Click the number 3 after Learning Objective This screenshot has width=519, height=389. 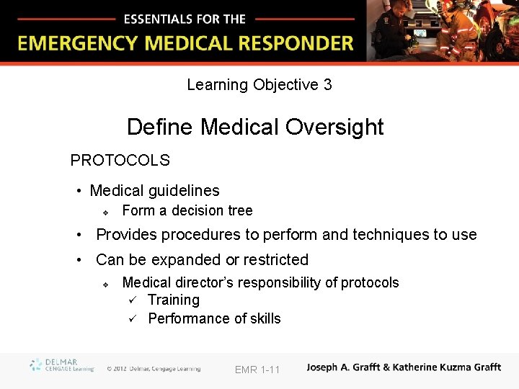327,85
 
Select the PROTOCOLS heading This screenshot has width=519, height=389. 120,160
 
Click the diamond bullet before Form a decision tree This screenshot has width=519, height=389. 105,213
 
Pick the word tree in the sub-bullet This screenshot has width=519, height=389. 240,211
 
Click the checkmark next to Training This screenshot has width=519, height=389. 132,300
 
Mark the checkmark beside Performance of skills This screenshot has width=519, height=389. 132,318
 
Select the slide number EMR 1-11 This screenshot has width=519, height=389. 257,370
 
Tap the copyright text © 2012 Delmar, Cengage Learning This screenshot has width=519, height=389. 154,369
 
